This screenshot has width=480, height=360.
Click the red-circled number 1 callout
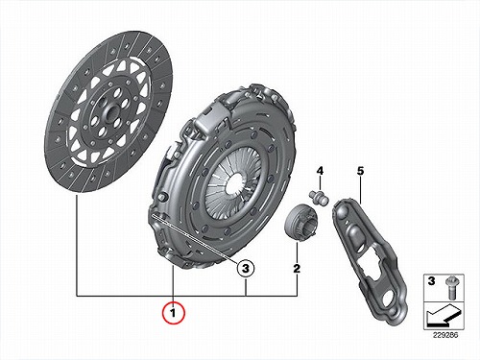click(x=173, y=312)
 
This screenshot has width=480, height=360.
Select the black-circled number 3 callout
click(x=246, y=268)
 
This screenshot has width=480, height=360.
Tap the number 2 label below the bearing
click(x=297, y=268)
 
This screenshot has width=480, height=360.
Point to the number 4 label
click(x=320, y=171)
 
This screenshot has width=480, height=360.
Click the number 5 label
click(x=360, y=171)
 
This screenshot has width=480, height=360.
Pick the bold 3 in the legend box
click(x=432, y=281)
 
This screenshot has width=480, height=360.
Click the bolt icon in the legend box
click(x=452, y=287)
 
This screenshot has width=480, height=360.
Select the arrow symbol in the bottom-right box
click(x=444, y=317)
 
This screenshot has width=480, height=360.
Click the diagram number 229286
click(x=445, y=336)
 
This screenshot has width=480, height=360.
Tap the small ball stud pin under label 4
click(x=319, y=197)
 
